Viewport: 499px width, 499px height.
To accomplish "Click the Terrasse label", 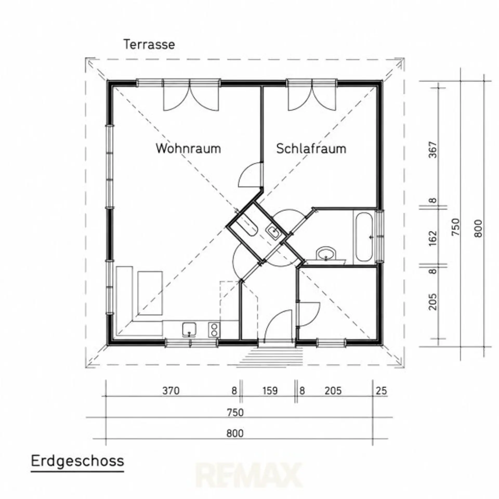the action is click(149, 44).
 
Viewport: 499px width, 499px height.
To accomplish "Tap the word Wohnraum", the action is click(188, 148).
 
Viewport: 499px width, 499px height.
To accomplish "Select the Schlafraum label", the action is click(311, 149).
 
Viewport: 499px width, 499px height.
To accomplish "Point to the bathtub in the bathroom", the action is click(364, 237).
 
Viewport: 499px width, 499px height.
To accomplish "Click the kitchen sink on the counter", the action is click(189, 330).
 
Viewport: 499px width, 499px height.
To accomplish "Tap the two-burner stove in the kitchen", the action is click(214, 330).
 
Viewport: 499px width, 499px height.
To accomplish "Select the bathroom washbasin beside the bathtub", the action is click(326, 253).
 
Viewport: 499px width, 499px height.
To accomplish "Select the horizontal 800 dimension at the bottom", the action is click(235, 434).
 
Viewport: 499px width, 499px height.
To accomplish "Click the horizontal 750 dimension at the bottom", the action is click(235, 412).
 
